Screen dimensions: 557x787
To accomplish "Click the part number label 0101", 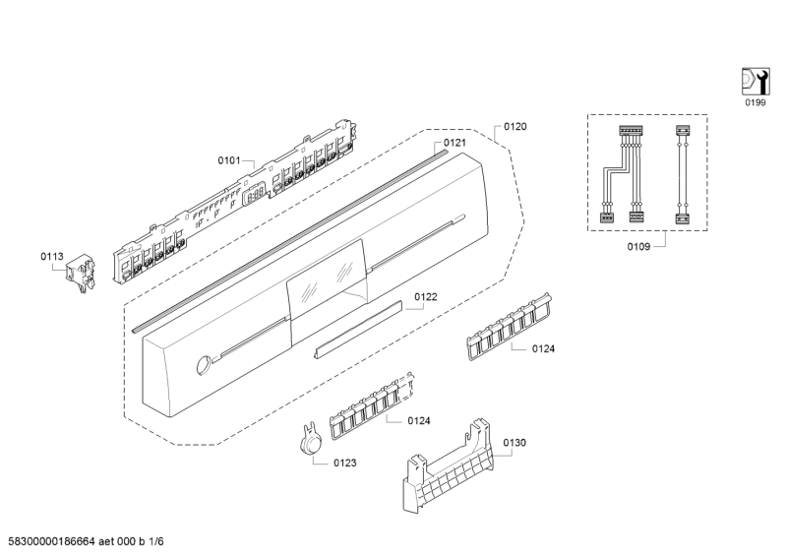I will tap(229, 159).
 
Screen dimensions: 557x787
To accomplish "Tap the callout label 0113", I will tap(52, 257).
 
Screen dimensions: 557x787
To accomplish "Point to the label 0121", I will tap(454, 144).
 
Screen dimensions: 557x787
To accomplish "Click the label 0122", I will tap(425, 296).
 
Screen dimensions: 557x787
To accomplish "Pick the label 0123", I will tap(344, 462).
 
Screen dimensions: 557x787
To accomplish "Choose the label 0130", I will tap(515, 444).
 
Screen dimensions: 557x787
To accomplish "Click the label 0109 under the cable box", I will tap(639, 245).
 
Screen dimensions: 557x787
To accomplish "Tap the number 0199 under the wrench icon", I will tap(753, 102).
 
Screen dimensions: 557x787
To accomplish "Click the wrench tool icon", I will tap(753, 80).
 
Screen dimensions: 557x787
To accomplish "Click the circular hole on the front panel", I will tap(203, 365).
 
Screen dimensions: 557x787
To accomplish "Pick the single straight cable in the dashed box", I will tap(681, 174).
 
